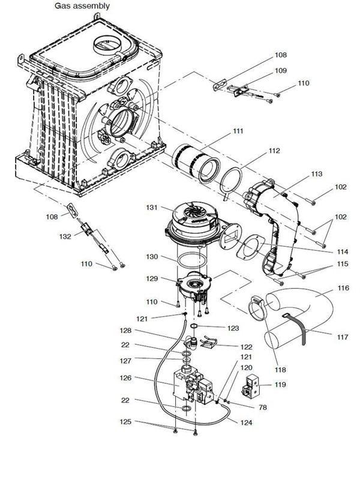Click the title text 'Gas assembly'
(x=82, y=6)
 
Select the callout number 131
(x=152, y=207)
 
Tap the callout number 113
(x=317, y=174)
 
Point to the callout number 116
(x=342, y=289)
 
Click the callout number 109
(x=281, y=70)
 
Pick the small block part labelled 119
(x=251, y=384)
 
